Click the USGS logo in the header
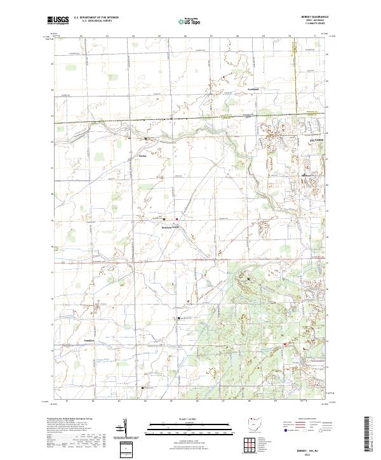pyautogui.click(x=58, y=20)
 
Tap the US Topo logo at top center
pyautogui.click(x=185, y=21)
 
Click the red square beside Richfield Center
pyautogui.click(x=177, y=220)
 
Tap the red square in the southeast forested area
pyautogui.click(x=284, y=345)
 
